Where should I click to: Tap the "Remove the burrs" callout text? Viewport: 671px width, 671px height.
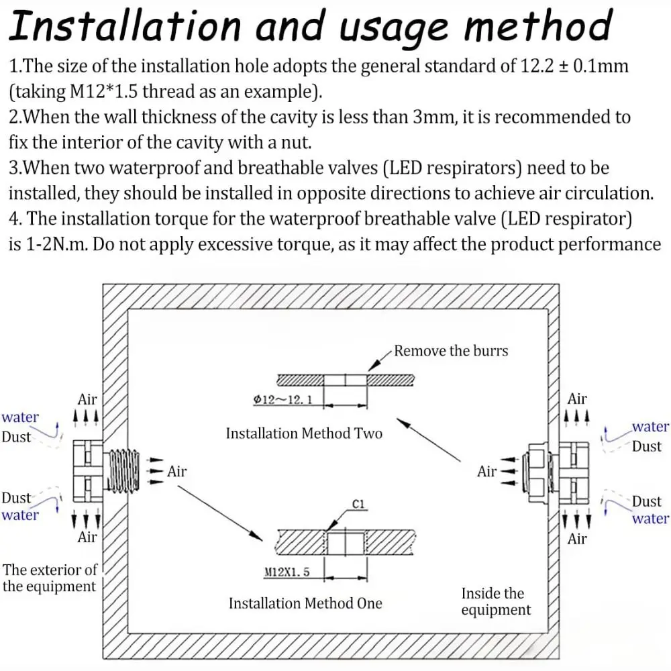point(451,351)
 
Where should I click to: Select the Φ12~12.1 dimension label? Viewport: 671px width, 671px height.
point(282,400)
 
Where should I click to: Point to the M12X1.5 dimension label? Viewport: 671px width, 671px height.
point(287,572)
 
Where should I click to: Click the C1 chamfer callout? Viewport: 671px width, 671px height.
point(358,504)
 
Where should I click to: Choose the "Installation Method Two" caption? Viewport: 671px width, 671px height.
point(304,433)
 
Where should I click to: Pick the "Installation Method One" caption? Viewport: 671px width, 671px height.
point(305,603)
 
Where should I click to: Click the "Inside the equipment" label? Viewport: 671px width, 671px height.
point(496,601)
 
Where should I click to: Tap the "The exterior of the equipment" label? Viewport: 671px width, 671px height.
point(50,578)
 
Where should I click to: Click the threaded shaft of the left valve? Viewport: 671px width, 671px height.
point(123,470)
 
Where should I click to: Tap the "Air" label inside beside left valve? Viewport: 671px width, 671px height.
point(176,471)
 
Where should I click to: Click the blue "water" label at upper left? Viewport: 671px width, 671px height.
point(20,417)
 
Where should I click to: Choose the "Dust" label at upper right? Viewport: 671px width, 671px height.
point(647,446)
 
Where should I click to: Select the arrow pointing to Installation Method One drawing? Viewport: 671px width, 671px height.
point(220,512)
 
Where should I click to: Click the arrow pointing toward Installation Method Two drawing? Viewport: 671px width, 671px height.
point(428,440)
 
